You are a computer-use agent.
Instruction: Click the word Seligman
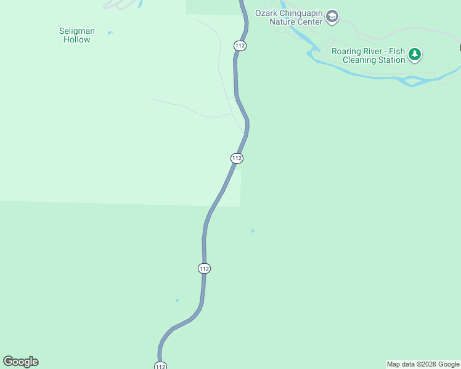pos(77,31)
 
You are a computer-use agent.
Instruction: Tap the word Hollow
pos(77,39)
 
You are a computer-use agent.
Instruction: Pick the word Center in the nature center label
pos(310,22)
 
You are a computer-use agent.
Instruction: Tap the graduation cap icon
pos(332,17)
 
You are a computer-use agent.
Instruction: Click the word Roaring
pos(347,51)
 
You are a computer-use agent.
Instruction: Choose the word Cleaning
pos(360,60)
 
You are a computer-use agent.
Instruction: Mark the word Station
pos(391,60)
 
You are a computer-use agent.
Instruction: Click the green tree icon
pos(415,55)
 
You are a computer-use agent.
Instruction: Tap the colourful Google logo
pos(20,362)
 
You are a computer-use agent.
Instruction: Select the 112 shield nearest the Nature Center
pos(240,46)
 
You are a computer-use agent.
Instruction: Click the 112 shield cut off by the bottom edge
pos(160,366)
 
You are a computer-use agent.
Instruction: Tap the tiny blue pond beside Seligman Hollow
pos(110,33)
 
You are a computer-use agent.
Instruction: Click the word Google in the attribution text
pos(449,364)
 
